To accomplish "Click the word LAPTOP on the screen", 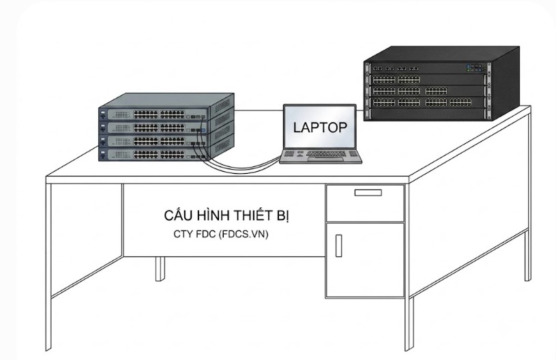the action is [320, 127].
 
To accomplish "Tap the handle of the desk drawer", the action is [368, 193].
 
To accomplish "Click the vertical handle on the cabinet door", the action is [338, 245].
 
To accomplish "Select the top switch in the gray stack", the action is [154, 114].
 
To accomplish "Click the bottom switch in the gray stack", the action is [154, 155].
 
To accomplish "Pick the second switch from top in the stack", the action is [154, 127].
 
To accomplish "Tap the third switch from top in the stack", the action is [154, 141].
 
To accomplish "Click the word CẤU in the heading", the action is [179, 215].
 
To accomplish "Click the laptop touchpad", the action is [325, 159].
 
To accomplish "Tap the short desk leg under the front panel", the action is [160, 269].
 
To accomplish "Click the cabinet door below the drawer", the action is [365, 260].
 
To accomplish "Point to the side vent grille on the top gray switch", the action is [222, 105].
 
